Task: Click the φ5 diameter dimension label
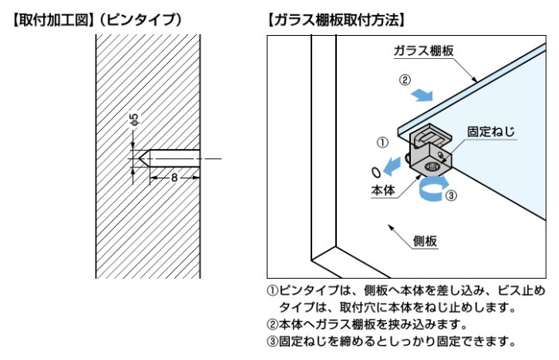(x=134, y=119)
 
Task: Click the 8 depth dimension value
(x=174, y=177)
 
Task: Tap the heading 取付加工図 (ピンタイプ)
(x=97, y=21)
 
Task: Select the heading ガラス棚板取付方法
(x=337, y=21)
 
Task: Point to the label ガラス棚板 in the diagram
(x=424, y=51)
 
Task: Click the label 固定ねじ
(x=491, y=131)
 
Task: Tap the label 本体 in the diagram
(x=383, y=190)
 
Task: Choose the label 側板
(x=425, y=241)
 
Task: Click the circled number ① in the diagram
(x=382, y=143)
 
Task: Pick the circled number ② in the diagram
(x=405, y=80)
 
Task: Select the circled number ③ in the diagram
(x=451, y=195)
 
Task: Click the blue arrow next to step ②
(x=423, y=95)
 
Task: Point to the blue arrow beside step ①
(x=392, y=166)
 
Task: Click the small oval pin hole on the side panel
(x=376, y=172)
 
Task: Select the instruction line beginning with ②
(x=367, y=324)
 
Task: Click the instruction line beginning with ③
(x=391, y=342)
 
